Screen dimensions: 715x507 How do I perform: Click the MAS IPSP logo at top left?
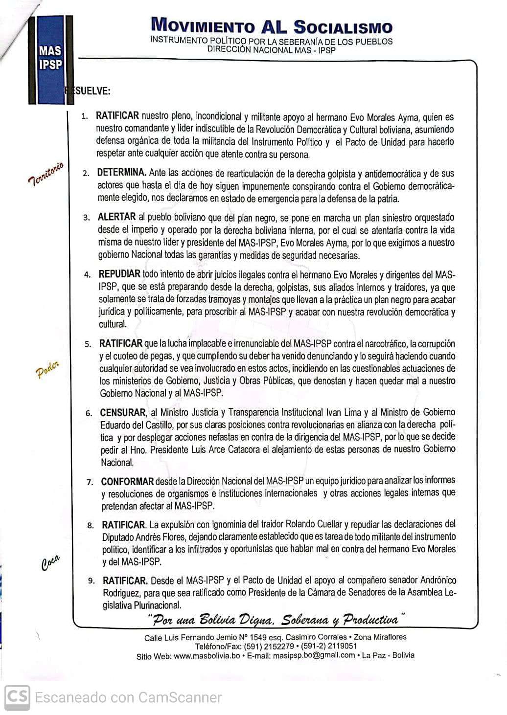tap(50, 58)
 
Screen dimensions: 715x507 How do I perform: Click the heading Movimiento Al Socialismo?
tap(272, 25)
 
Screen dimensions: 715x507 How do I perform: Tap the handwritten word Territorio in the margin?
tap(46, 174)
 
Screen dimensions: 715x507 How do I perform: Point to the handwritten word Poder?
tap(47, 370)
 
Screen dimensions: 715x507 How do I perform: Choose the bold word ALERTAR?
tap(116, 217)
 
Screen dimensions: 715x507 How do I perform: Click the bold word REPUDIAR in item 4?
tap(119, 274)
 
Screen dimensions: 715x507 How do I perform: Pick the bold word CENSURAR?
tap(123, 412)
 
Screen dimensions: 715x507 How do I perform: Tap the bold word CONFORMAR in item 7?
tap(127, 482)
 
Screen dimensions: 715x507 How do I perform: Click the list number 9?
tap(91, 581)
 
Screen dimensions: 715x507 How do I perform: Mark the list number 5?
tap(88, 344)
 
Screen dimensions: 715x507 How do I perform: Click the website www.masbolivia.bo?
tap(207, 656)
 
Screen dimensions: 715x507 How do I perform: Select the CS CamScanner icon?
tap(17, 696)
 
